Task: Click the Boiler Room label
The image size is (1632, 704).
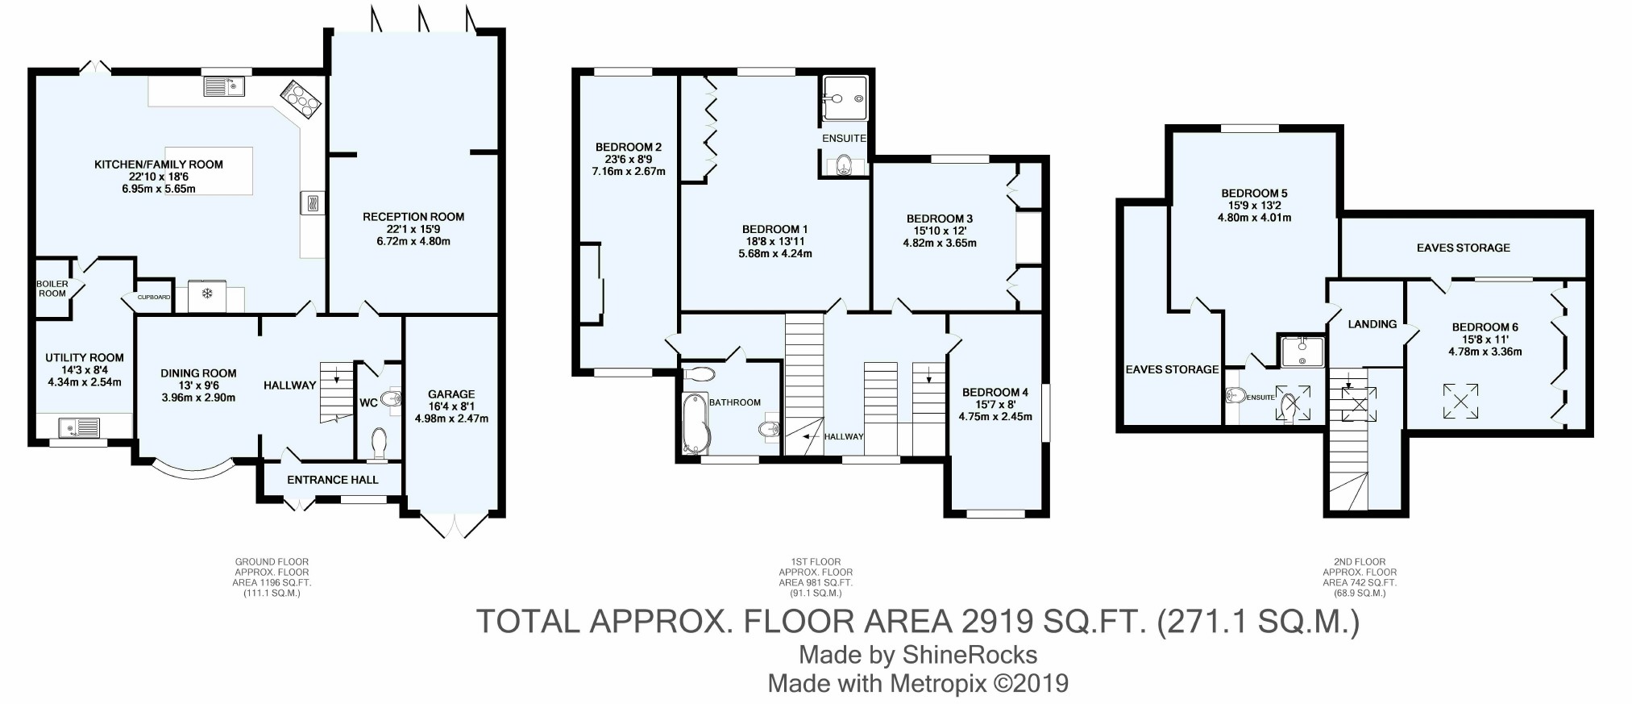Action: point(52,288)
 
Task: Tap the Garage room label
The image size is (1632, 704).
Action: point(451,394)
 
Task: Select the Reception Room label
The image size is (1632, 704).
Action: point(413,216)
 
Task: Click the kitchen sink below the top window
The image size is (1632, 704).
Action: point(224,85)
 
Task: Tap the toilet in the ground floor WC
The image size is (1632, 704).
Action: point(379,444)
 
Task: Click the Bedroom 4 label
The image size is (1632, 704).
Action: point(995,393)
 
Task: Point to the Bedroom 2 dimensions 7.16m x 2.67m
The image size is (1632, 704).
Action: point(629,171)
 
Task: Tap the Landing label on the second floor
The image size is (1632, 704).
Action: point(1372,324)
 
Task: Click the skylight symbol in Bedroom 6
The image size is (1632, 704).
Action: point(1460,401)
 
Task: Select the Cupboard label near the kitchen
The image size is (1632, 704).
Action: point(154,298)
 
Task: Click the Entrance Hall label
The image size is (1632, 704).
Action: point(333,480)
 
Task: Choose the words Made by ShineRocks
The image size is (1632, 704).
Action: point(918,654)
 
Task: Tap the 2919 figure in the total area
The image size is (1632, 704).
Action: point(997,621)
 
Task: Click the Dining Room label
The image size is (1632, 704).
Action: point(198,373)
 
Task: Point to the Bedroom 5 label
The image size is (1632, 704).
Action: point(1254,194)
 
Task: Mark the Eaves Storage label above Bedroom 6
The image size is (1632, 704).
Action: point(1464,248)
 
